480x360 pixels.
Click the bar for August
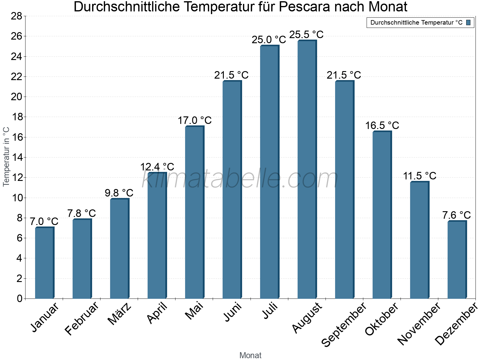(x=307, y=169)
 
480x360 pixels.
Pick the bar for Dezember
(x=457, y=260)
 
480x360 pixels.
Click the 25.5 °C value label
(x=306, y=34)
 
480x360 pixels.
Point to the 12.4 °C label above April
(x=157, y=167)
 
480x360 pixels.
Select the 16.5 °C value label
(x=382, y=125)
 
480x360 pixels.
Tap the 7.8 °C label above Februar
(x=81, y=213)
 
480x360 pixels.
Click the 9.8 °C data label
(x=119, y=193)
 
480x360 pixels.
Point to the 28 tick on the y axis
(x=16, y=16)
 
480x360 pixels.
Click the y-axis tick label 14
(x=16, y=157)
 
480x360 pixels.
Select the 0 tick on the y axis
(x=19, y=298)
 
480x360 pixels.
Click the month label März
(x=119, y=314)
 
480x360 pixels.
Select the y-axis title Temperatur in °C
(x=6, y=157)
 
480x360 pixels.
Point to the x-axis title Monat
(x=250, y=355)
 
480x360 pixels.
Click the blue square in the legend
(x=468, y=22)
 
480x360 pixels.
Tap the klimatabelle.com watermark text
(x=240, y=179)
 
